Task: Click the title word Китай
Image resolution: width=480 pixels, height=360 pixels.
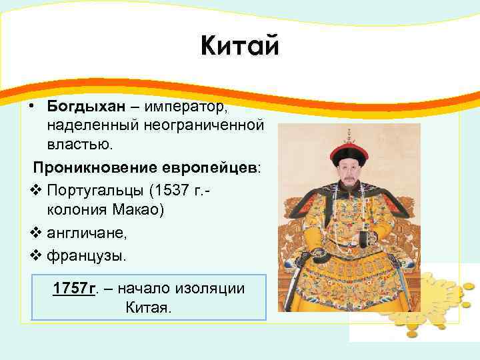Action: click(240, 46)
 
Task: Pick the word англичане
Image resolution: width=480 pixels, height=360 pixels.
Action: click(87, 233)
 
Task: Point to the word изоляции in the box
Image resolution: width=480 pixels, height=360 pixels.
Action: click(210, 289)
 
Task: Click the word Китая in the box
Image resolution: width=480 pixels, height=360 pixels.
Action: click(149, 308)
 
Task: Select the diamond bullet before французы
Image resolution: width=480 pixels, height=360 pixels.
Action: click(37, 255)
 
